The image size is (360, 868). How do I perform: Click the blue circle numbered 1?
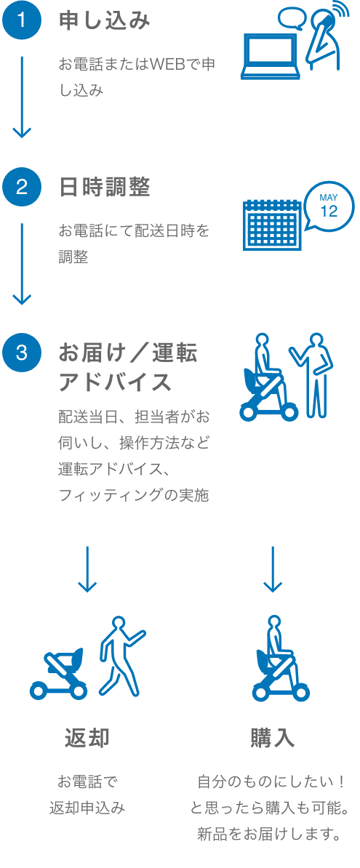point(22,21)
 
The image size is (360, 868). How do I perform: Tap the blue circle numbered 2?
point(22,187)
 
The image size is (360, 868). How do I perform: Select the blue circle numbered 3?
point(22,353)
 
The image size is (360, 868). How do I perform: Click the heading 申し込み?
point(105,21)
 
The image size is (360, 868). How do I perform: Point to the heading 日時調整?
point(105,187)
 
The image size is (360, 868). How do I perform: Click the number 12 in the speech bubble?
point(329,212)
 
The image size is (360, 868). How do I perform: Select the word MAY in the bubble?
point(329,198)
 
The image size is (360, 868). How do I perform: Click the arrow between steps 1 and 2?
point(22,97)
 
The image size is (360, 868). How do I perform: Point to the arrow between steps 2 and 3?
point(22,263)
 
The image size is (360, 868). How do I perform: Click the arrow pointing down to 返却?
point(87,569)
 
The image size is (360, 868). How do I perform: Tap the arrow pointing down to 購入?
point(273,569)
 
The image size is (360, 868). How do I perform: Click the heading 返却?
point(87,737)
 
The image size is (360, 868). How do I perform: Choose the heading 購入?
point(273,737)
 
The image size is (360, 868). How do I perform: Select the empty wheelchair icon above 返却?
point(59,673)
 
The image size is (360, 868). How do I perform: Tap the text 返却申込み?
point(87,808)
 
